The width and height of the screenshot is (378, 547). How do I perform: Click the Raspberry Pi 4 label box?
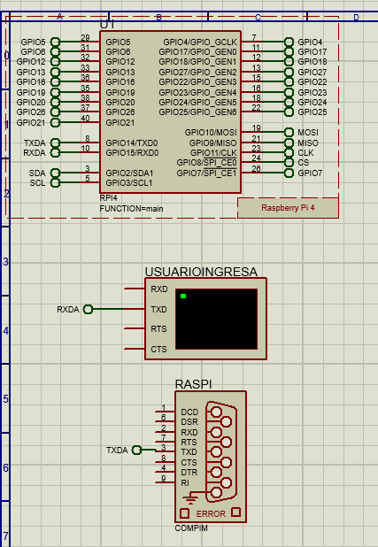[x=288, y=207]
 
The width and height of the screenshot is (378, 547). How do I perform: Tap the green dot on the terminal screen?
[x=183, y=296]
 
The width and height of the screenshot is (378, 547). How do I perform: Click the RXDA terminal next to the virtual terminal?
[x=68, y=310]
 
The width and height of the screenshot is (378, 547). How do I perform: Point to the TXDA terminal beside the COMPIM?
[x=118, y=451]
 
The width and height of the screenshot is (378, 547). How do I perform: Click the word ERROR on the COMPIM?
[x=210, y=513]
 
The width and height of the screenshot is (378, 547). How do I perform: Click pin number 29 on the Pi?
[x=85, y=37]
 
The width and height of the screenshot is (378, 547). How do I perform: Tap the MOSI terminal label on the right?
[x=308, y=132]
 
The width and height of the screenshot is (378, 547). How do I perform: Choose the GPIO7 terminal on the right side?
[x=310, y=173]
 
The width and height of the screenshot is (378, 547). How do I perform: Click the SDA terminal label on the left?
[x=37, y=173]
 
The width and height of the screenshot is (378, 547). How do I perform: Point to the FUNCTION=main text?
[x=132, y=209]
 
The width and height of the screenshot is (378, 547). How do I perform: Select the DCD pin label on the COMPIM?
[x=189, y=412]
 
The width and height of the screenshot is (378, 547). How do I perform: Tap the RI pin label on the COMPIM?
[x=184, y=483]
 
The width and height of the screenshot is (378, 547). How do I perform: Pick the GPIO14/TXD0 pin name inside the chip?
[x=132, y=142]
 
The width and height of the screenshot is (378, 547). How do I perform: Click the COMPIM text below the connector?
[x=192, y=528]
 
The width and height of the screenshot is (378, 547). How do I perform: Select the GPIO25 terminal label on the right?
[x=312, y=112]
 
